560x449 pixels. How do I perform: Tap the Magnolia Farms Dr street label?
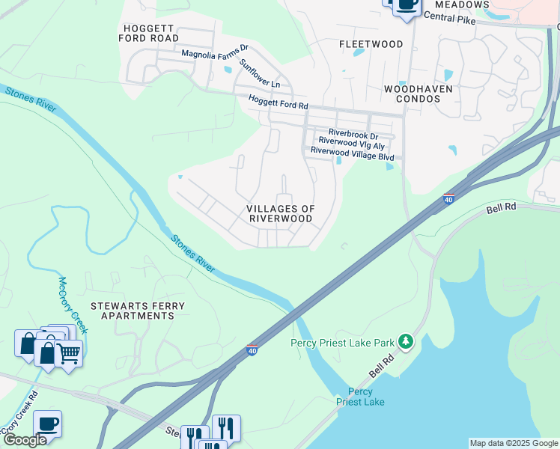[x=215, y=54]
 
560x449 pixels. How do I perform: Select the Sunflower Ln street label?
[x=259, y=73]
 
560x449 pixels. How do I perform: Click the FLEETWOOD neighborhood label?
[x=371, y=44]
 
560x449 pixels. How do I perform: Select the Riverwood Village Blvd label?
[x=352, y=150]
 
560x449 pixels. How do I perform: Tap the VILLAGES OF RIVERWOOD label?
[x=281, y=213]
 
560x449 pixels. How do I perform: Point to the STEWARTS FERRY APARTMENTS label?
[x=132, y=311]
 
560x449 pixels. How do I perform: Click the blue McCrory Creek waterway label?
[x=73, y=305]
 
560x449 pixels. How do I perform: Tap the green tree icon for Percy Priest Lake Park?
[x=406, y=342]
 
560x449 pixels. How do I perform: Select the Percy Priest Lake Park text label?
[x=342, y=343]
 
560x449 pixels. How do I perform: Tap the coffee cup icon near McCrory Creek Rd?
[x=47, y=424]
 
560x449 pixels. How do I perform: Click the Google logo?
[x=25, y=440]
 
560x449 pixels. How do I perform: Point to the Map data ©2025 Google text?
[x=514, y=443]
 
